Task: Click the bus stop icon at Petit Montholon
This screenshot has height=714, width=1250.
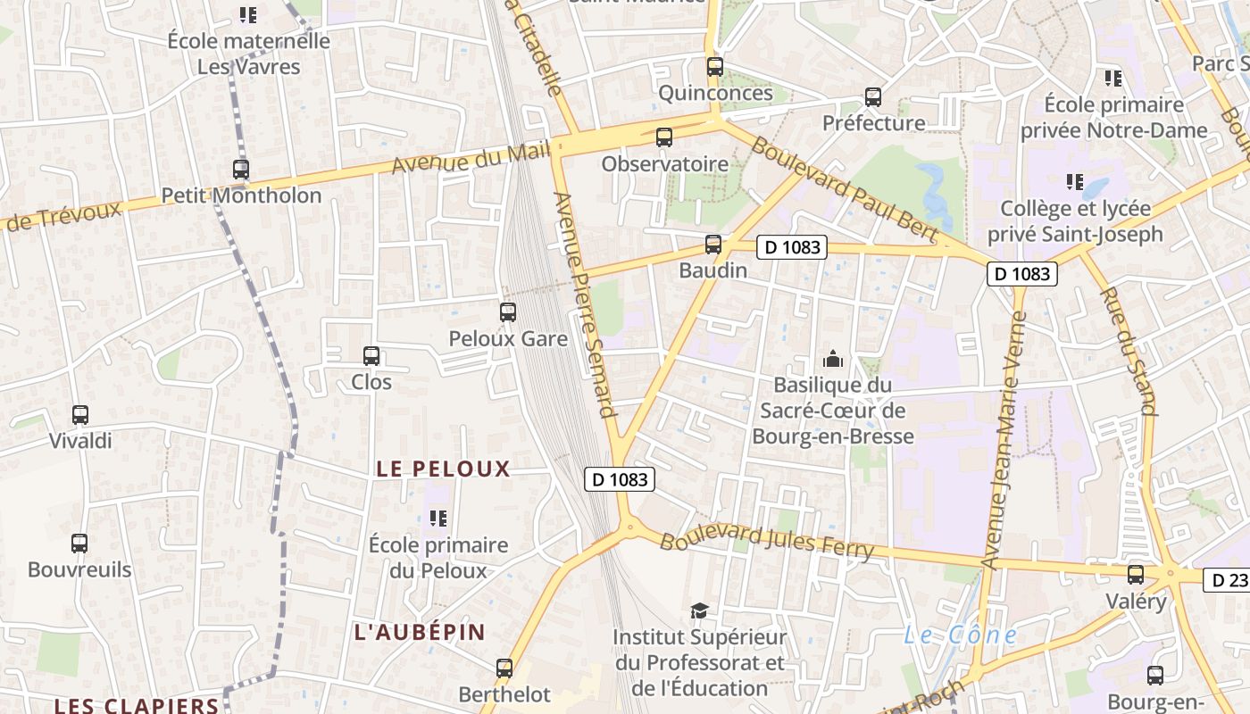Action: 240,169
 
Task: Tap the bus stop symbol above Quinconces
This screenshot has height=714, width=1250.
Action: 714,66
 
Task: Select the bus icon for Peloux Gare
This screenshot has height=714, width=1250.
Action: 507,311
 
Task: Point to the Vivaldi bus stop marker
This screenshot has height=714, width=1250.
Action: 80,414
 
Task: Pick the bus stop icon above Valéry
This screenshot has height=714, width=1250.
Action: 1136,574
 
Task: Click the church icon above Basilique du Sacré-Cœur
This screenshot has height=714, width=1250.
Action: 833,359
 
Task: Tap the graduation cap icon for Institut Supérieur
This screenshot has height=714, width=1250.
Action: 699,610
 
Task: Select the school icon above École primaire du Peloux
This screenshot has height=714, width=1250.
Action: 437,518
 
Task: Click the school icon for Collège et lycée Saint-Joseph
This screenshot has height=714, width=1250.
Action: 1075,182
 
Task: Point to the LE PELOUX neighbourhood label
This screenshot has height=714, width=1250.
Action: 443,469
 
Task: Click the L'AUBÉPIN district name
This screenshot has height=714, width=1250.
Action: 420,632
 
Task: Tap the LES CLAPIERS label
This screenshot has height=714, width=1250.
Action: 136,705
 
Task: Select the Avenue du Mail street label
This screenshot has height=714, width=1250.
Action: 471,159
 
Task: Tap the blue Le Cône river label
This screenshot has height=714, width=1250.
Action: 960,635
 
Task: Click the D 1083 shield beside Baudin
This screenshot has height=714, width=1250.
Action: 792,247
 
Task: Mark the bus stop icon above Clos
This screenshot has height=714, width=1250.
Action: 371,356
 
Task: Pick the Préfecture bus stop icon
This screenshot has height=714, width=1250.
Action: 873,97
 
